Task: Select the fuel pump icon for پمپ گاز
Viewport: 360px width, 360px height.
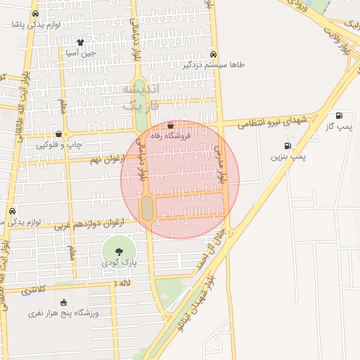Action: click(340, 116)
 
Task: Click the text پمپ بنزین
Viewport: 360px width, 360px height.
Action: click(289, 157)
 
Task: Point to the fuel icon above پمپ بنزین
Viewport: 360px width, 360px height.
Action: click(288, 146)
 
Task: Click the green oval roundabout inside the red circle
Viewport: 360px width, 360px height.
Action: click(147, 208)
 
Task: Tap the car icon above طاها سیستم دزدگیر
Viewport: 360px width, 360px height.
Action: click(214, 54)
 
